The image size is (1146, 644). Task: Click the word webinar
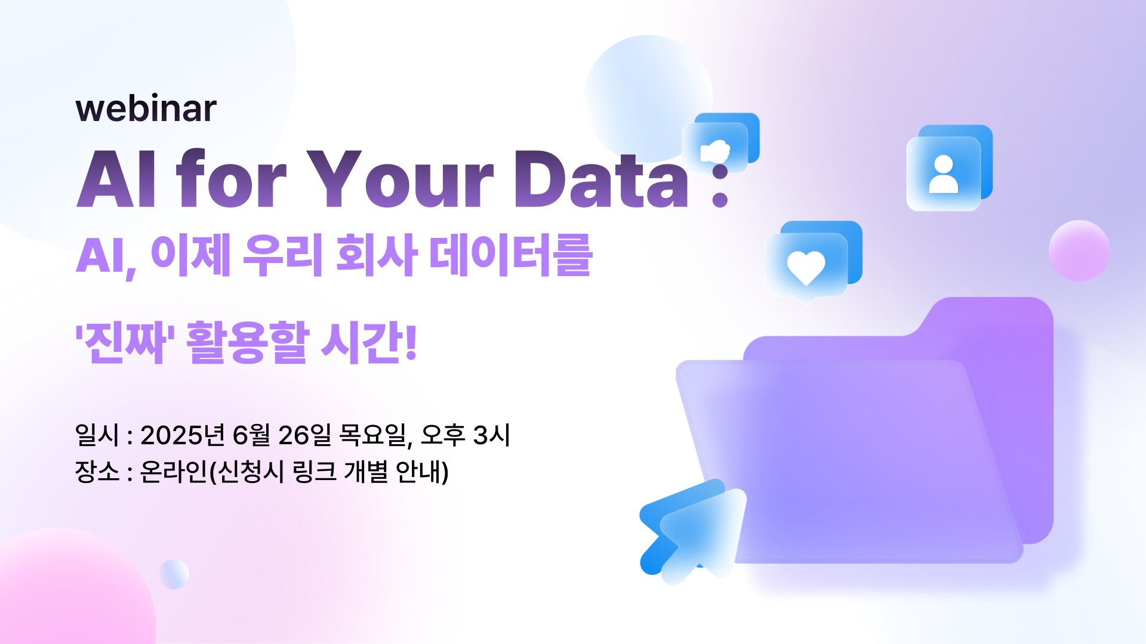point(146,109)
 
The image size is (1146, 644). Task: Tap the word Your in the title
point(400,179)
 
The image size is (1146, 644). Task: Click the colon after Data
point(720,185)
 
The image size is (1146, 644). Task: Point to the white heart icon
point(806,267)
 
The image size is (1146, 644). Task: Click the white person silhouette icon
point(944,174)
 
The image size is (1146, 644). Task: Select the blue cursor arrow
point(692,531)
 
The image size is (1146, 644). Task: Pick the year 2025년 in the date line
point(183,435)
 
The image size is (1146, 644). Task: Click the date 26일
point(304,435)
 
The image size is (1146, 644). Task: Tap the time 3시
point(491,435)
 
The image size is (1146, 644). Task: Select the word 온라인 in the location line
point(173,472)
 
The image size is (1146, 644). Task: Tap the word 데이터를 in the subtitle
point(511,255)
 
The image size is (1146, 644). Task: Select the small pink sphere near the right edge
point(1079,250)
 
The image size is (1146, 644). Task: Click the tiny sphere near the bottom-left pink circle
point(174,574)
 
